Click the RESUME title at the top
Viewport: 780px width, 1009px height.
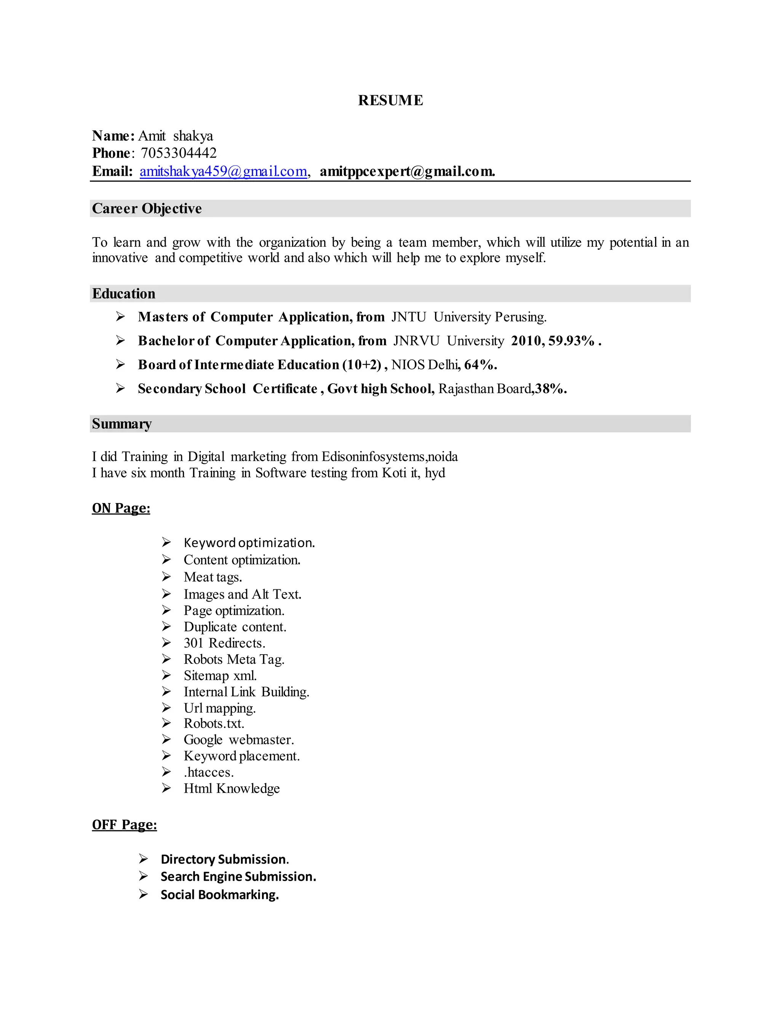coord(390,100)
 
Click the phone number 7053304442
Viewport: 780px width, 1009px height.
coord(178,153)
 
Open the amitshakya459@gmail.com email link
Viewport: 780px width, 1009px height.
coord(224,171)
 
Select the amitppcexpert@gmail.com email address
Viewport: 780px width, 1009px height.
coord(407,171)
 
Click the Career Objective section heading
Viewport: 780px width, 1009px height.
coord(147,208)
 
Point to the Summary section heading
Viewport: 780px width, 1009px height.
coord(121,424)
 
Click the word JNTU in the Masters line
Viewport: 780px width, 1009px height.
coord(409,317)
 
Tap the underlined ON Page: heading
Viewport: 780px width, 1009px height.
coord(121,508)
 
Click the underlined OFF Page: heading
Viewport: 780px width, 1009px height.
coord(124,825)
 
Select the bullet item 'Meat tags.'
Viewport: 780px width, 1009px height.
coord(213,577)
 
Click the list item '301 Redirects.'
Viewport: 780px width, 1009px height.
coord(224,643)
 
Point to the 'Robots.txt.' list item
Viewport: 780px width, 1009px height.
coord(214,723)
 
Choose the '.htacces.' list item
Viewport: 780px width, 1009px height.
coord(208,772)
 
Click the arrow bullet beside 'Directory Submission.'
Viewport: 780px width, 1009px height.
coord(143,859)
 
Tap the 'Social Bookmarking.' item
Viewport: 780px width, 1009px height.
coord(219,895)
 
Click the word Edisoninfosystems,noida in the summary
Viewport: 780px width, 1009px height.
coord(390,457)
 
